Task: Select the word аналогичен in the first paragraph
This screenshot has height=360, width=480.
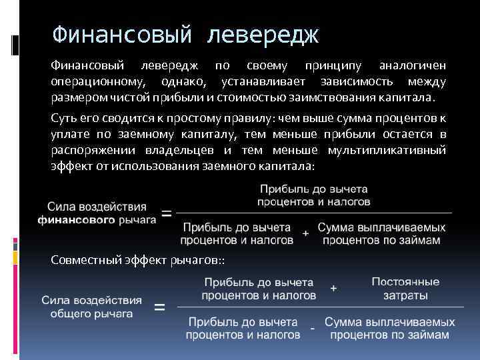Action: (412, 66)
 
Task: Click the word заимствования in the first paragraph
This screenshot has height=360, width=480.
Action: (329, 98)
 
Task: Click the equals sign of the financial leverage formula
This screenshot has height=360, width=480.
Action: (166, 214)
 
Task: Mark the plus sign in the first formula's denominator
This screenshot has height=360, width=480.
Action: (305, 234)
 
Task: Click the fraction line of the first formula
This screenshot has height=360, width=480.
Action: (313, 213)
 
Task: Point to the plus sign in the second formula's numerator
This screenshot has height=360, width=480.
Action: (333, 287)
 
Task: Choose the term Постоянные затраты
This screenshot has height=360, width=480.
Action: (405, 288)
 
